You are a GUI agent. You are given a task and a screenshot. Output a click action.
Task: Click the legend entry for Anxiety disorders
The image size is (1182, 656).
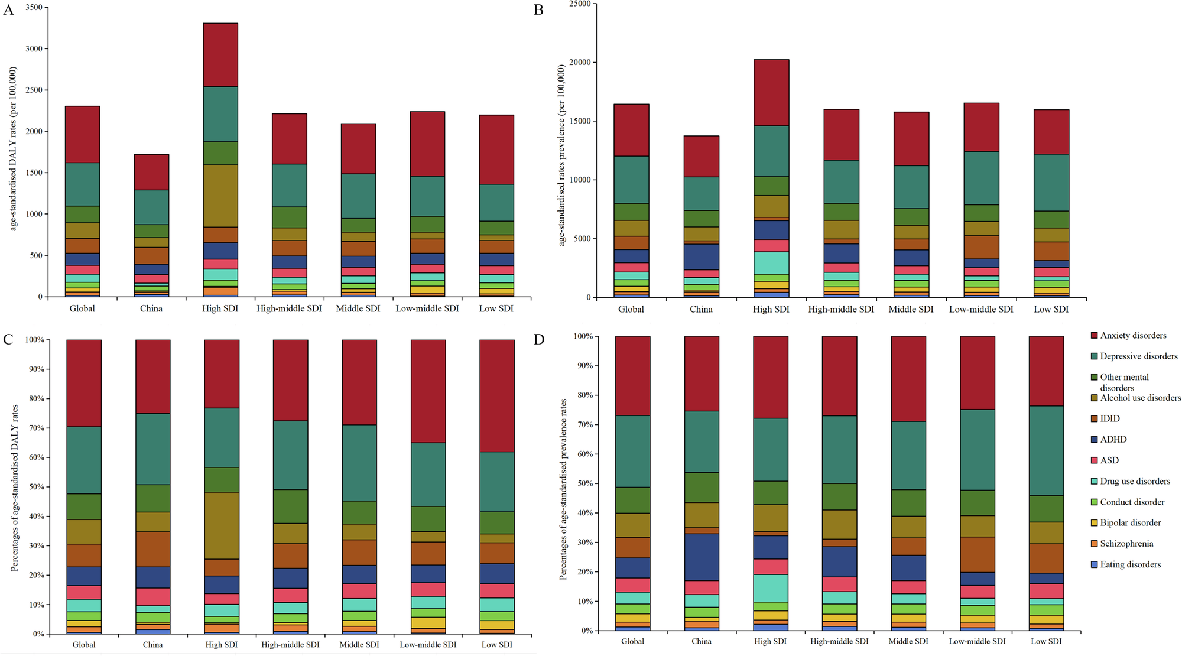pyautogui.click(x=1132, y=336)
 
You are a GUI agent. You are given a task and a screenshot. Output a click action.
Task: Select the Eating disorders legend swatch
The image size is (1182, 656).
pyautogui.click(x=1094, y=565)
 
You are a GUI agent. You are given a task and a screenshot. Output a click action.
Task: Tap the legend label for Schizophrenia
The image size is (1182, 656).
pyautogui.click(x=1126, y=544)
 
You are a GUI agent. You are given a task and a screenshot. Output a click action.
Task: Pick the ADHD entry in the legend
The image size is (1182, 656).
pyautogui.click(x=1113, y=440)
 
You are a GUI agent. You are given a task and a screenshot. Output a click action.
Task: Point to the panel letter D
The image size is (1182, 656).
pyautogui.click(x=538, y=340)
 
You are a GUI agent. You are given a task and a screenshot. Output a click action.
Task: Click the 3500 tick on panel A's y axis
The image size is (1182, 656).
pyautogui.click(x=34, y=8)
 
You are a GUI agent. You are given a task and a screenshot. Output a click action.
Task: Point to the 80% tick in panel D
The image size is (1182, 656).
pyautogui.click(x=584, y=395)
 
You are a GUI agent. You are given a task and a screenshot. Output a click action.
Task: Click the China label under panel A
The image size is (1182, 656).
pyautogui.click(x=151, y=308)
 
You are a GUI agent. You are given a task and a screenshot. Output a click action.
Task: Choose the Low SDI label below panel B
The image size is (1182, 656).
pyautogui.click(x=1051, y=309)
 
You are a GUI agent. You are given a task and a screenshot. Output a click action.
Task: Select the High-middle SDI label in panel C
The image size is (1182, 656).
pyautogui.click(x=290, y=645)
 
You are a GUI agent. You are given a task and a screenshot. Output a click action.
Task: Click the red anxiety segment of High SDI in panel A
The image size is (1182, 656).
pyautogui.click(x=220, y=54)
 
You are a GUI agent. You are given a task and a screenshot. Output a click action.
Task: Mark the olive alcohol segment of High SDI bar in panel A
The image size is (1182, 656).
pyautogui.click(x=220, y=196)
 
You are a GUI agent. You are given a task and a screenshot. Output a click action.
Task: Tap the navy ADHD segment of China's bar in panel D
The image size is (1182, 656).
pyautogui.click(x=702, y=557)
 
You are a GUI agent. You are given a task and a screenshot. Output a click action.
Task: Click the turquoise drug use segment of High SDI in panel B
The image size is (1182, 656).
pyautogui.click(x=771, y=262)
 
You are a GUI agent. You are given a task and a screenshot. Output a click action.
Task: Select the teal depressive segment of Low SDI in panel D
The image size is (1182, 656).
pyautogui.click(x=1047, y=450)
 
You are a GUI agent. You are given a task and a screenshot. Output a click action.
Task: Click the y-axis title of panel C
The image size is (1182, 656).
pyautogui.click(x=14, y=488)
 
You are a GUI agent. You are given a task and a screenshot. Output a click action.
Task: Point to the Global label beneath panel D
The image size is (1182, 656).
pyautogui.click(x=632, y=641)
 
